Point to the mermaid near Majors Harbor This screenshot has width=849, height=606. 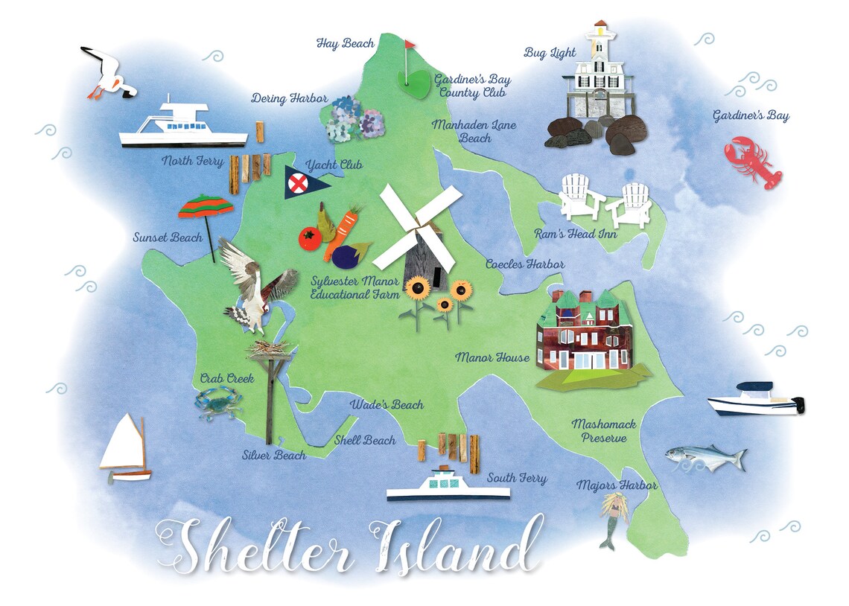point(614,517)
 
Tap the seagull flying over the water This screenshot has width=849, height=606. point(109,73)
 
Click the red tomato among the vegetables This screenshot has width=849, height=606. point(310,238)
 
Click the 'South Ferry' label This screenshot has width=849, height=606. point(517,478)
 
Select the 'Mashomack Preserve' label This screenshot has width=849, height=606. point(604,431)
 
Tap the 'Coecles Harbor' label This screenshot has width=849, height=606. point(524,264)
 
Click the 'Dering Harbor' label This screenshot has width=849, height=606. point(280,98)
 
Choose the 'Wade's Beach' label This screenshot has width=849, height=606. point(387,405)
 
